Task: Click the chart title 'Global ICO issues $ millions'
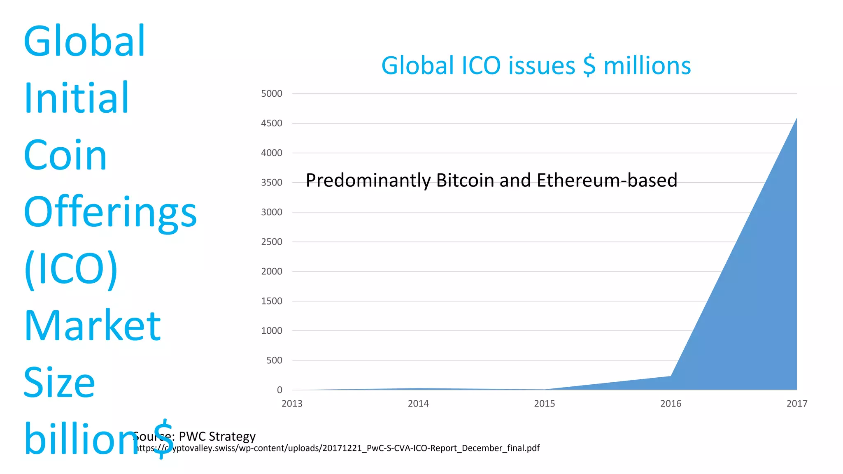(x=536, y=66)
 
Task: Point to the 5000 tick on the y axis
(x=272, y=94)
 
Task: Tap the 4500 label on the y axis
(x=272, y=123)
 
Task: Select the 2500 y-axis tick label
(x=272, y=242)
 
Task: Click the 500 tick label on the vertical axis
(x=274, y=360)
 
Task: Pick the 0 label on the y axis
(x=279, y=390)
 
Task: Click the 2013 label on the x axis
(x=292, y=404)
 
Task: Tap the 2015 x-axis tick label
(x=544, y=404)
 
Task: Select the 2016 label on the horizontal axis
(x=671, y=404)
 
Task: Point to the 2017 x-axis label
(x=796, y=404)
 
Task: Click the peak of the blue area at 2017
(x=796, y=119)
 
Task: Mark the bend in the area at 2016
(x=671, y=376)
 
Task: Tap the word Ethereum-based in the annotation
(x=607, y=180)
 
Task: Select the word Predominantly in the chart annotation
(x=368, y=181)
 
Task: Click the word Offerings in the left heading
(x=110, y=212)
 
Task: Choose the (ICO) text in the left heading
(x=71, y=269)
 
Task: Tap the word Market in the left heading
(x=92, y=326)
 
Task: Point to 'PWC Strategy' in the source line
(x=217, y=436)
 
